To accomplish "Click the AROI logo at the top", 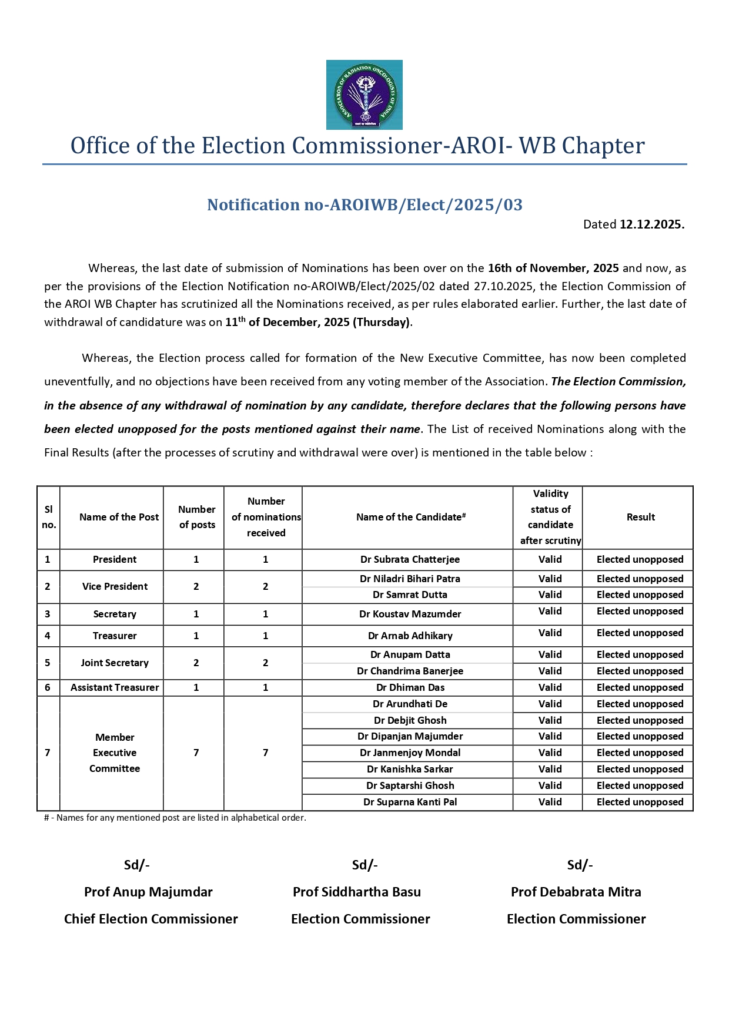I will [x=364, y=95].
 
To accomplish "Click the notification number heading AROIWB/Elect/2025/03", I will [x=364, y=204].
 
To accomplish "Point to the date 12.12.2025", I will [x=651, y=224].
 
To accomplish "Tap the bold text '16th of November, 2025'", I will [x=553, y=268].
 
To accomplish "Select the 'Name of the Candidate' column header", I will [x=410, y=517].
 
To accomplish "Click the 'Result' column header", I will [x=640, y=517].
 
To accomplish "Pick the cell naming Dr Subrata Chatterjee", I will [x=410, y=559].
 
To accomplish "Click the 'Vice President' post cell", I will [x=115, y=586].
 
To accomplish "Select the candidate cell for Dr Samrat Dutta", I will [x=410, y=595].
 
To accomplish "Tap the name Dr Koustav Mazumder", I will [x=410, y=614].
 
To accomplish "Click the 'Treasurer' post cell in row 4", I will [x=115, y=636].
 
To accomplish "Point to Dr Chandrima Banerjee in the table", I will [x=410, y=671].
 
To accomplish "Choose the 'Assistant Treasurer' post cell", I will [x=115, y=687].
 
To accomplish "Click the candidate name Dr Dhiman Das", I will [x=410, y=687].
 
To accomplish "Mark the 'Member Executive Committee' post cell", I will [x=115, y=753].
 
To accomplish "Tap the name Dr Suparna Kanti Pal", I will [x=410, y=802].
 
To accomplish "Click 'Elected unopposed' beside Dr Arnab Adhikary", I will [x=640, y=633].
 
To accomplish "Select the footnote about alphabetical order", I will [x=175, y=817].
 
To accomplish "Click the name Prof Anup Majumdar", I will [x=148, y=892].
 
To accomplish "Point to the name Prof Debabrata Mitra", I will [x=576, y=892].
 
